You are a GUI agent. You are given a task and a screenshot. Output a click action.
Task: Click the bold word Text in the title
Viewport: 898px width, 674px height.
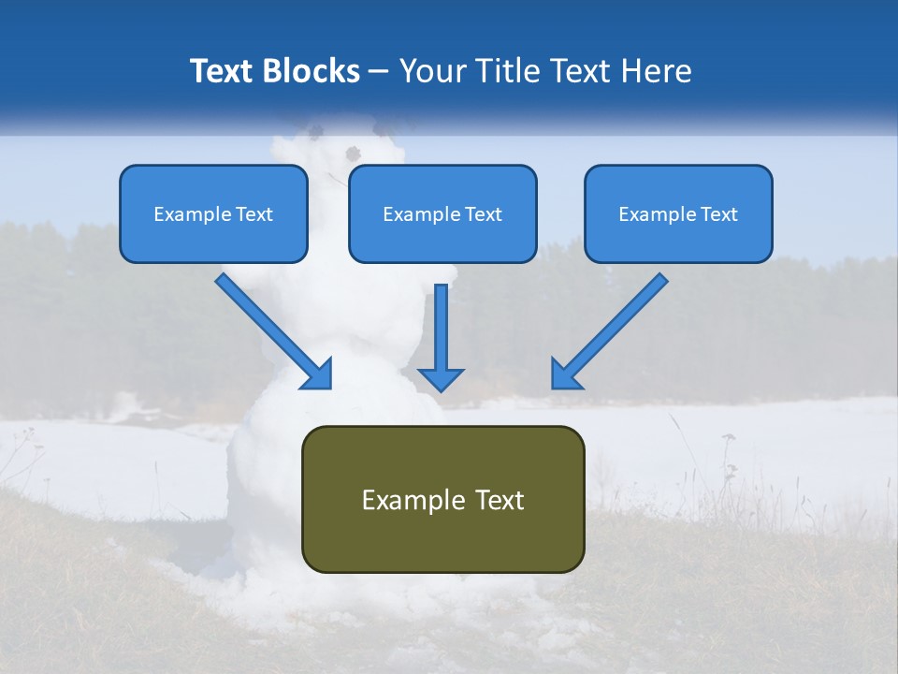pyautogui.click(x=223, y=71)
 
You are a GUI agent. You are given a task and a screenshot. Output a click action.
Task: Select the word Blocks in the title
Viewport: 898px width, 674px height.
pyautogui.click(x=311, y=71)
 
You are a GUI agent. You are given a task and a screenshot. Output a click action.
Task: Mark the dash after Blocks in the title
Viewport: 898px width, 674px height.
pyautogui.click(x=379, y=73)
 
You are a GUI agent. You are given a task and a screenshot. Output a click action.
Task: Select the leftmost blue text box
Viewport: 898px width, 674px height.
pyautogui.click(x=213, y=213)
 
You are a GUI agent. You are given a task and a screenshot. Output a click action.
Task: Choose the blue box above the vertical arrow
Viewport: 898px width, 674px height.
pyautogui.click(x=442, y=213)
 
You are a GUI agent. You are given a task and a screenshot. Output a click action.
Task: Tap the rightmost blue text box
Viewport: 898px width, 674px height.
pyautogui.click(x=678, y=213)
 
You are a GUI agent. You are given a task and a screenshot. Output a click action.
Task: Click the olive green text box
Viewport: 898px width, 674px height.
pyautogui.click(x=442, y=499)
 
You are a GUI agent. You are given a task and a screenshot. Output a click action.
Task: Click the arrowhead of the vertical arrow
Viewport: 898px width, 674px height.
pyautogui.click(x=441, y=379)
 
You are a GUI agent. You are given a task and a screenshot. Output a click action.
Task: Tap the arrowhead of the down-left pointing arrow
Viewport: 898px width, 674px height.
pyautogui.click(x=565, y=374)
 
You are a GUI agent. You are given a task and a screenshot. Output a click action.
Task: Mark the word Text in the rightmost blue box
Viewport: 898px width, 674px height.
pyautogui.click(x=719, y=214)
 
